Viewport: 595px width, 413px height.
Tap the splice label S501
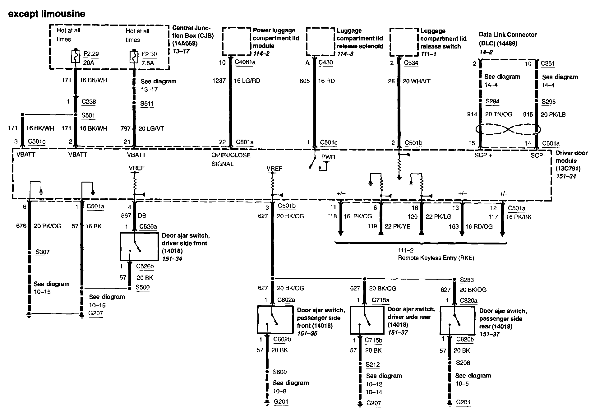(88, 115)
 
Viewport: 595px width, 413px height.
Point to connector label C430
(325, 62)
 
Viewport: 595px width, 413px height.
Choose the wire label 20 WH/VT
(416, 81)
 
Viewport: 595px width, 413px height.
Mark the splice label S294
(492, 101)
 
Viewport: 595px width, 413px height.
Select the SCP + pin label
(483, 155)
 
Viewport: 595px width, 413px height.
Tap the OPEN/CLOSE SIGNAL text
(231, 159)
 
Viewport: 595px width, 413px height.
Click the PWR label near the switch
(328, 157)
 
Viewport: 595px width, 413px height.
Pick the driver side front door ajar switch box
(139, 246)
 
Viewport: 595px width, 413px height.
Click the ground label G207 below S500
(95, 313)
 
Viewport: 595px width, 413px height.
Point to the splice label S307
(42, 252)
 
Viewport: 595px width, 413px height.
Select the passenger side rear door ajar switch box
(457, 320)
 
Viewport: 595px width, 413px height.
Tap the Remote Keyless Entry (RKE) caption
(436, 258)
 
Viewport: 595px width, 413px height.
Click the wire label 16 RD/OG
(479, 227)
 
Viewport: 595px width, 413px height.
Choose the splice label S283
(467, 280)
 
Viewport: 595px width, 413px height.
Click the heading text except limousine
(47, 14)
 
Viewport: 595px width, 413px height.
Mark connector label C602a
(286, 300)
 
